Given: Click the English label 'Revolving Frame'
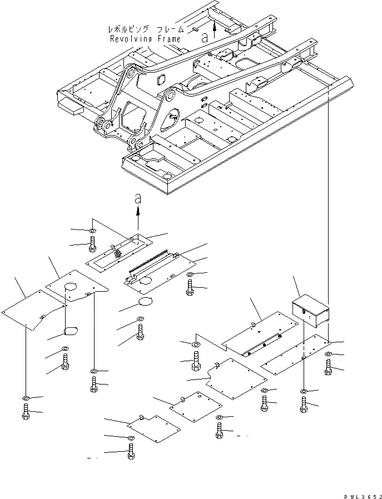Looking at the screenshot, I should pyautogui.click(x=145, y=39).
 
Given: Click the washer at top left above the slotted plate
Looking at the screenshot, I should pyautogui.click(x=92, y=230).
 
